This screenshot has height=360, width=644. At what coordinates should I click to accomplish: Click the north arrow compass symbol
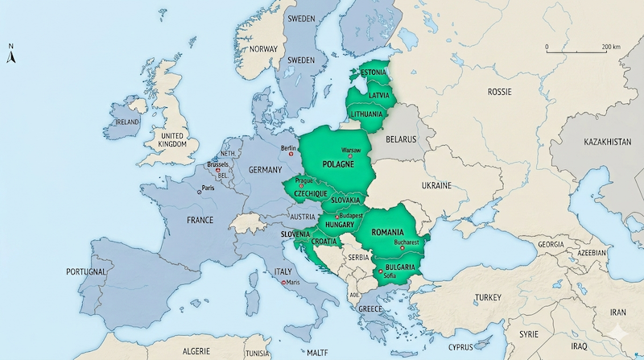point(11,56)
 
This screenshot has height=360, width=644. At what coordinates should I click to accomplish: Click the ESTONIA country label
point(373,72)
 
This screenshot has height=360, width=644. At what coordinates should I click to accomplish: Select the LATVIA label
point(378,95)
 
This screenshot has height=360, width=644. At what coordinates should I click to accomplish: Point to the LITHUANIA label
point(366,114)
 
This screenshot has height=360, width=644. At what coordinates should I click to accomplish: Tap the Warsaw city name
point(352,151)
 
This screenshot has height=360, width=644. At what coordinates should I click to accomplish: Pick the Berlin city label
point(290,148)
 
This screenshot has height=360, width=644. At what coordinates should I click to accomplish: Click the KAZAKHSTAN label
point(602,141)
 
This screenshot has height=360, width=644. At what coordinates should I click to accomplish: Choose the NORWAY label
point(263,49)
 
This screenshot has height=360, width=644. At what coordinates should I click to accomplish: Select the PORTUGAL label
point(86,272)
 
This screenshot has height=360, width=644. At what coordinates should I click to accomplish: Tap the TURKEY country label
point(488,297)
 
